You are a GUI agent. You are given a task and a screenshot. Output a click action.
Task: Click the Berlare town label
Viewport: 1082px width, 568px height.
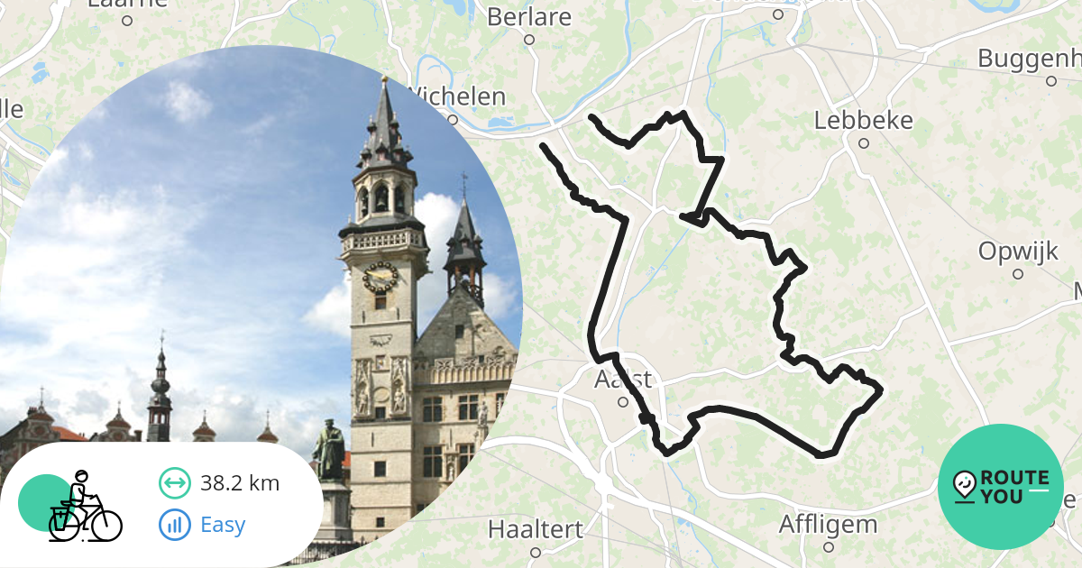(529, 17)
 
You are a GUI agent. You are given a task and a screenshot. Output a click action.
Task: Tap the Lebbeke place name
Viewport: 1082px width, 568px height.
(863, 121)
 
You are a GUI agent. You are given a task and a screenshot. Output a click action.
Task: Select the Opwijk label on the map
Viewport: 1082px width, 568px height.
(1018, 252)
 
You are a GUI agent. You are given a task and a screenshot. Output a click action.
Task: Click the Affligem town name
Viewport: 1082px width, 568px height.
(828, 525)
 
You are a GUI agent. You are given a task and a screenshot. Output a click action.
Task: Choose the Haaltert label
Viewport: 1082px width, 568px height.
(535, 529)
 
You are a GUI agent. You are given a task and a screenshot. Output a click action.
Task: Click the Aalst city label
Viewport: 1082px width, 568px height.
(622, 380)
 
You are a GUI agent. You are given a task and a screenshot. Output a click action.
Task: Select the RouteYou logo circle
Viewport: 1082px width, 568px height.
(1001, 487)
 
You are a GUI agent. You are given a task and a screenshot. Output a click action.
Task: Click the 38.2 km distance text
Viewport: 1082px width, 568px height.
(240, 484)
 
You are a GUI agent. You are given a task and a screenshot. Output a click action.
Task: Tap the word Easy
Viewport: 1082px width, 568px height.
(223, 525)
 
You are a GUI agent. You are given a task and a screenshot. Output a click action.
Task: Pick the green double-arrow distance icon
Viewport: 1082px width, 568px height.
(174, 484)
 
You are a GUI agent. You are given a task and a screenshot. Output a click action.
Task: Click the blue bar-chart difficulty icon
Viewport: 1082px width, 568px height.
(174, 525)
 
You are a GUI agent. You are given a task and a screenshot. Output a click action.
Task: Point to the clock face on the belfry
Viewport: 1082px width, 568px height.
(380, 277)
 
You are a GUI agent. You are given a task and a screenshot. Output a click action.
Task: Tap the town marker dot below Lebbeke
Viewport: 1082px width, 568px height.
(863, 143)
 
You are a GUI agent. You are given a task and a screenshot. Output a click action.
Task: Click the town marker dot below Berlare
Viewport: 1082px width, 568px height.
(529, 40)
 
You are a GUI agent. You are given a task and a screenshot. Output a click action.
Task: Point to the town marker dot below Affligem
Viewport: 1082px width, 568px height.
(828, 547)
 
